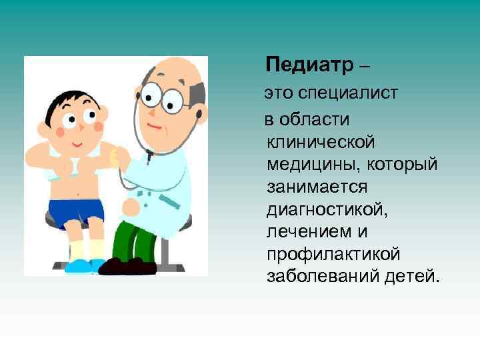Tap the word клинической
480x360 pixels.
321,141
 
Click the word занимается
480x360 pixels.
317,187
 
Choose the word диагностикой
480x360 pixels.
326,209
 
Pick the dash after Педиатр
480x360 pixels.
363,66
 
